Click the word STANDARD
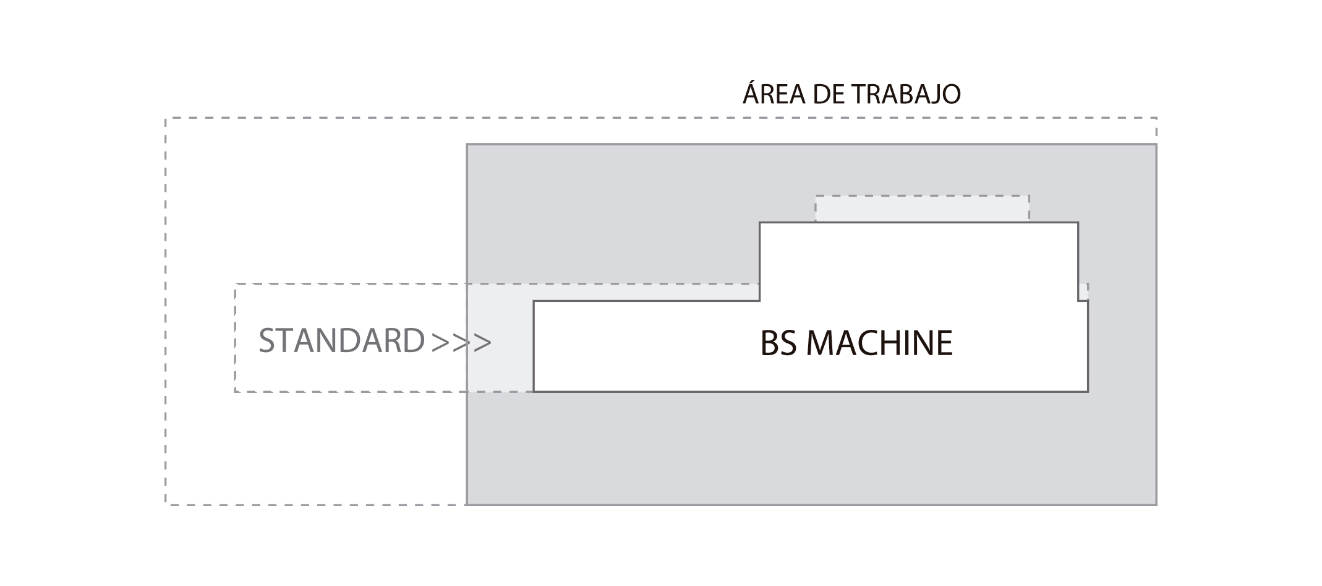(341, 341)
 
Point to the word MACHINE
(880, 343)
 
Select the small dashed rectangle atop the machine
(922, 209)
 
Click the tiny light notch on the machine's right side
(1083, 291)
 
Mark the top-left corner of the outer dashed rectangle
(166, 118)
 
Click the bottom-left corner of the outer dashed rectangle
(166, 505)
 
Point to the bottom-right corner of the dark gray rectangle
(1156, 505)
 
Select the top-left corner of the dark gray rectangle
(467, 145)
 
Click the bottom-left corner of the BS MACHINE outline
(534, 392)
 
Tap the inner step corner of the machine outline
(759, 301)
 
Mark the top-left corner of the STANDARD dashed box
(235, 284)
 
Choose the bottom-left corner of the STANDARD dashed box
(235, 392)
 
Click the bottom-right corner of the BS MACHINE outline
(1088, 392)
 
